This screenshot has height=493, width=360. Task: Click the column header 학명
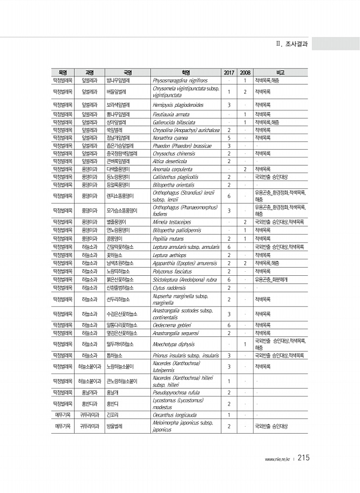[186, 73]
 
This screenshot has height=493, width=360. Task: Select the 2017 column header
[228, 73]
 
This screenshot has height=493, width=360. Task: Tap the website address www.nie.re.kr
[278, 460]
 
